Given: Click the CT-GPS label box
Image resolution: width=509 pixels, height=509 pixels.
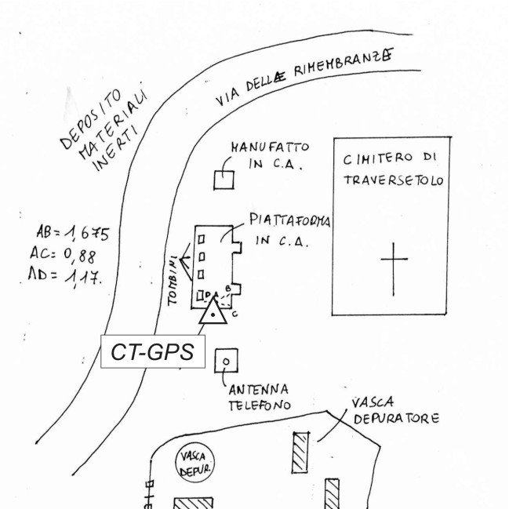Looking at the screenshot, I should click(152, 352).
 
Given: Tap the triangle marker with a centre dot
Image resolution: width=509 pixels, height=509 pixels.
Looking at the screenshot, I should click(213, 313).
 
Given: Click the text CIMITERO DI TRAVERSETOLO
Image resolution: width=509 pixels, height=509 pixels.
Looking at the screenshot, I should click(393, 170).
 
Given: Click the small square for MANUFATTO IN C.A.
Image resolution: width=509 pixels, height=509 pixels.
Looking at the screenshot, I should click(225, 179).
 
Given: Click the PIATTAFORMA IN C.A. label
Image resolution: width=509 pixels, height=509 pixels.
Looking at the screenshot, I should click(289, 230).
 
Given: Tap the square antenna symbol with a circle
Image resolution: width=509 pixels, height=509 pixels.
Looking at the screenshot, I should click(226, 361).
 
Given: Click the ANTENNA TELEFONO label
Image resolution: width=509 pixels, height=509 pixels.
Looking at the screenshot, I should click(259, 397).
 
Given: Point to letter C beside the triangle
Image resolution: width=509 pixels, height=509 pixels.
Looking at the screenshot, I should click(235, 314).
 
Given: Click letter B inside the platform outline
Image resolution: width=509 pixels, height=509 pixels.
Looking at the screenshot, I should click(227, 289).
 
